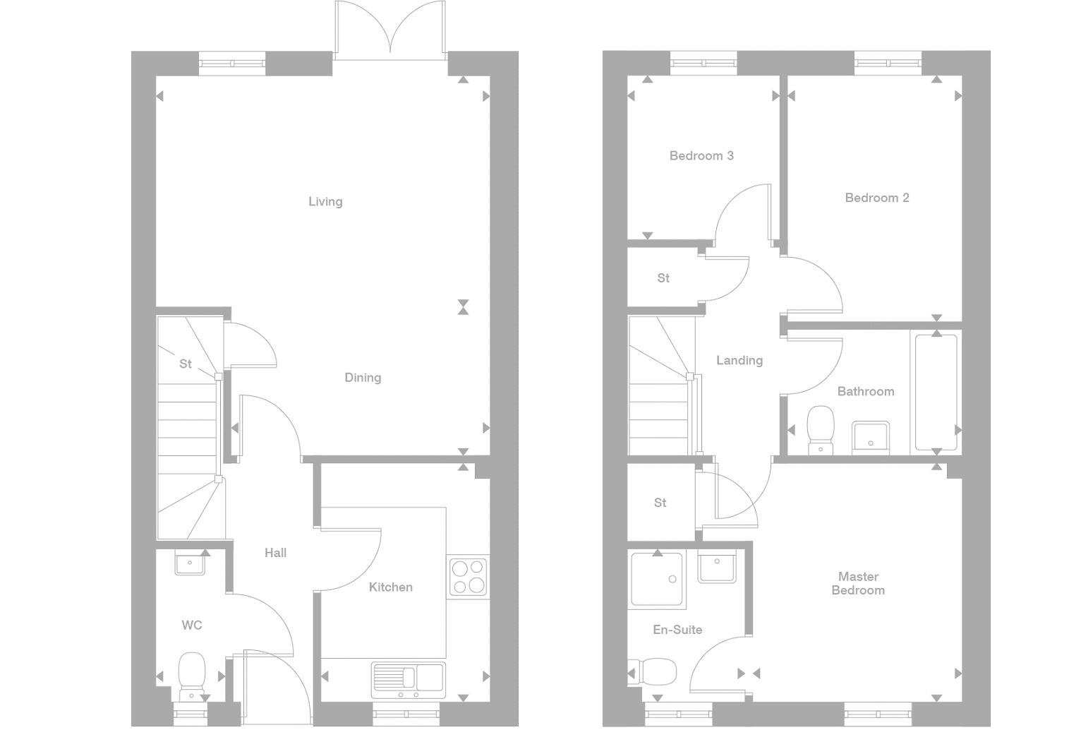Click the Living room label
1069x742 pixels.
[325, 202]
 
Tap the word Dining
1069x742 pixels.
[363, 378]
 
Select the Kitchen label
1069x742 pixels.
[390, 587]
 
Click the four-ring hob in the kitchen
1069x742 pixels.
[468, 576]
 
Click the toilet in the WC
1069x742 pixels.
[191, 675]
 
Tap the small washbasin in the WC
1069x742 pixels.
[190, 563]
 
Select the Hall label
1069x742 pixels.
[275, 553]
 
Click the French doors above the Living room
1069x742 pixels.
[390, 28]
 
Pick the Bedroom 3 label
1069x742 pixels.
[701, 156]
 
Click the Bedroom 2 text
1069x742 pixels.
[876, 198]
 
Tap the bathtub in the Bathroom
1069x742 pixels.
[936, 392]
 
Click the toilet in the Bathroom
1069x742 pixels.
[820, 428]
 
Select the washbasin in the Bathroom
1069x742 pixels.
[870, 436]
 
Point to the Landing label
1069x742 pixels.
[739, 361]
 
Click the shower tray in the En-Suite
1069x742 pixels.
[657, 580]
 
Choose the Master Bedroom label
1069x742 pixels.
[857, 584]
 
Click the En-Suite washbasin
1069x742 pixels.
[717, 566]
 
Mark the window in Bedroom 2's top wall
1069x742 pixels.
[888, 64]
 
